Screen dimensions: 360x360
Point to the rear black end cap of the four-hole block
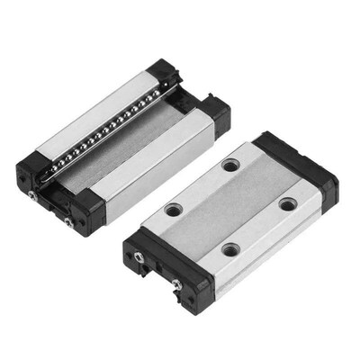point(297,162)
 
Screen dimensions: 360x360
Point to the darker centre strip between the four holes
point(229,207)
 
